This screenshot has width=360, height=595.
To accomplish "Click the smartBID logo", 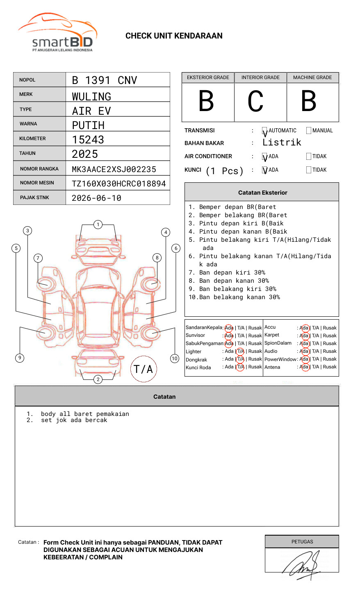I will pyautogui.click(x=57, y=33).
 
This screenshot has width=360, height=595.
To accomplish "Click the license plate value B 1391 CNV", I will pyautogui.click(x=104, y=80).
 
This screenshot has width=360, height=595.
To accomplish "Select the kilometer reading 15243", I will pyautogui.click(x=88, y=140).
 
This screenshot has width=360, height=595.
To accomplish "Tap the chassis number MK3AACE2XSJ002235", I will pyautogui.click(x=114, y=169).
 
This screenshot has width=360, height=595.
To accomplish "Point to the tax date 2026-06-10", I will pyautogui.click(x=96, y=198).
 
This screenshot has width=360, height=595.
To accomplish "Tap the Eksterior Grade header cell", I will pyautogui.click(x=208, y=77).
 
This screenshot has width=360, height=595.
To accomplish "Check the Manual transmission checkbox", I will pyautogui.click(x=309, y=131).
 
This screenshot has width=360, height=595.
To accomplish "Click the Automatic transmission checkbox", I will pyautogui.click(x=264, y=131).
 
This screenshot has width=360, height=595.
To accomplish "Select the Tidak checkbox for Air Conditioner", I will pyautogui.click(x=309, y=157).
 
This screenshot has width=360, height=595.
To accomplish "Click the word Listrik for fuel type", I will pyautogui.click(x=282, y=143).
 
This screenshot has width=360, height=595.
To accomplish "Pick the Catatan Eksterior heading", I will pyautogui.click(x=262, y=193).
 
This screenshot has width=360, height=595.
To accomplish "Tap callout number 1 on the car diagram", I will pyautogui.click(x=98, y=224).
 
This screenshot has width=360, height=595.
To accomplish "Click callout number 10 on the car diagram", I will pyautogui.click(x=175, y=359).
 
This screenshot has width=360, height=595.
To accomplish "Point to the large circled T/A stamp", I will pyautogui.click(x=144, y=369).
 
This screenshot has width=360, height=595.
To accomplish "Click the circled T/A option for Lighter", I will pyautogui.click(x=240, y=351).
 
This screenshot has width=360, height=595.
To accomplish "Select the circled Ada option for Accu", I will pyautogui.click(x=304, y=328).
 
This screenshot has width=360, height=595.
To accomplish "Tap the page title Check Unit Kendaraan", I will pyautogui.click(x=174, y=36).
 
